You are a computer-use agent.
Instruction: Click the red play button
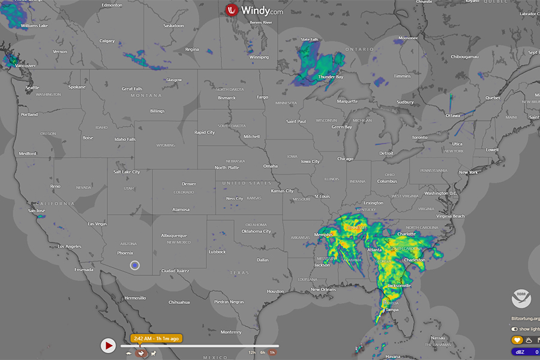(x=108, y=346)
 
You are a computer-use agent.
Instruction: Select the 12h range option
(x=252, y=352)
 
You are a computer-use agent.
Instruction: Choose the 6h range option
(x=262, y=352)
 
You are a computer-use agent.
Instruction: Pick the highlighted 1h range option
(x=272, y=352)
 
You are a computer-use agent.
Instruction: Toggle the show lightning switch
(x=515, y=329)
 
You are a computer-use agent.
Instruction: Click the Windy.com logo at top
(x=254, y=10)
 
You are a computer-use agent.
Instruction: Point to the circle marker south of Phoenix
(x=135, y=265)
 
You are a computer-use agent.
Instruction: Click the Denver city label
(x=189, y=184)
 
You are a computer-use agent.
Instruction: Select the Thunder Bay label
(x=331, y=77)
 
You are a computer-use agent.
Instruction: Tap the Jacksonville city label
(x=399, y=286)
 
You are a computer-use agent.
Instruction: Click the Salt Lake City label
(x=127, y=172)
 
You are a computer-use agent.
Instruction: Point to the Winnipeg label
(x=259, y=57)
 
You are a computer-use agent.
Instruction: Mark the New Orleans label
(x=323, y=289)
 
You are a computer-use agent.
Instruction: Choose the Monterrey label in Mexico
(x=230, y=332)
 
